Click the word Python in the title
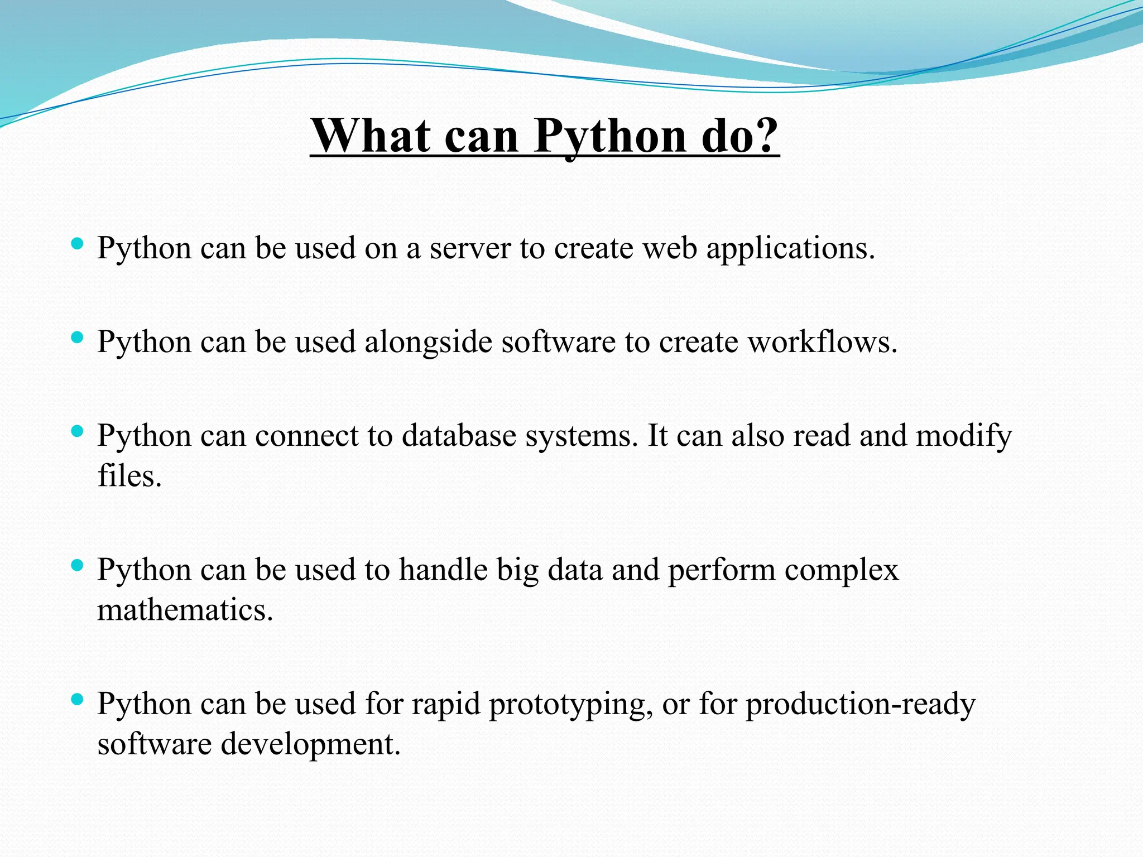(x=609, y=137)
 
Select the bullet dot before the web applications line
(x=78, y=243)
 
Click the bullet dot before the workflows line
(x=78, y=337)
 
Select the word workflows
(x=822, y=341)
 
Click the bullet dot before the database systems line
(x=78, y=431)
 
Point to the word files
(x=129, y=476)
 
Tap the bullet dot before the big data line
(x=78, y=565)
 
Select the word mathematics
(x=184, y=610)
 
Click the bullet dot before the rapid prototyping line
(x=78, y=699)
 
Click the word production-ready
(x=860, y=704)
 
